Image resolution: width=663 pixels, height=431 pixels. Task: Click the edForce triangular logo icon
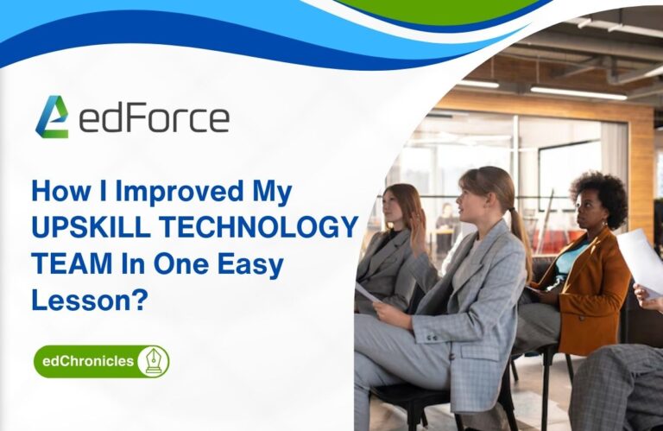pyautogui.click(x=52, y=117)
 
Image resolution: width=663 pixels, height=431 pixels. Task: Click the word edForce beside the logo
pyautogui.click(x=154, y=118)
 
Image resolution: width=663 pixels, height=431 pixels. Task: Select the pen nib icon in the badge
pyautogui.click(x=153, y=361)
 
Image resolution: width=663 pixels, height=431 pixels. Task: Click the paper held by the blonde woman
pyautogui.click(x=366, y=294)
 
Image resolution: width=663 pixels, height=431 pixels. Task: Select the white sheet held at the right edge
pyautogui.click(x=642, y=259)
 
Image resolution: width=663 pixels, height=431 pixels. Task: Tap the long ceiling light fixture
pyautogui.click(x=578, y=92)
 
